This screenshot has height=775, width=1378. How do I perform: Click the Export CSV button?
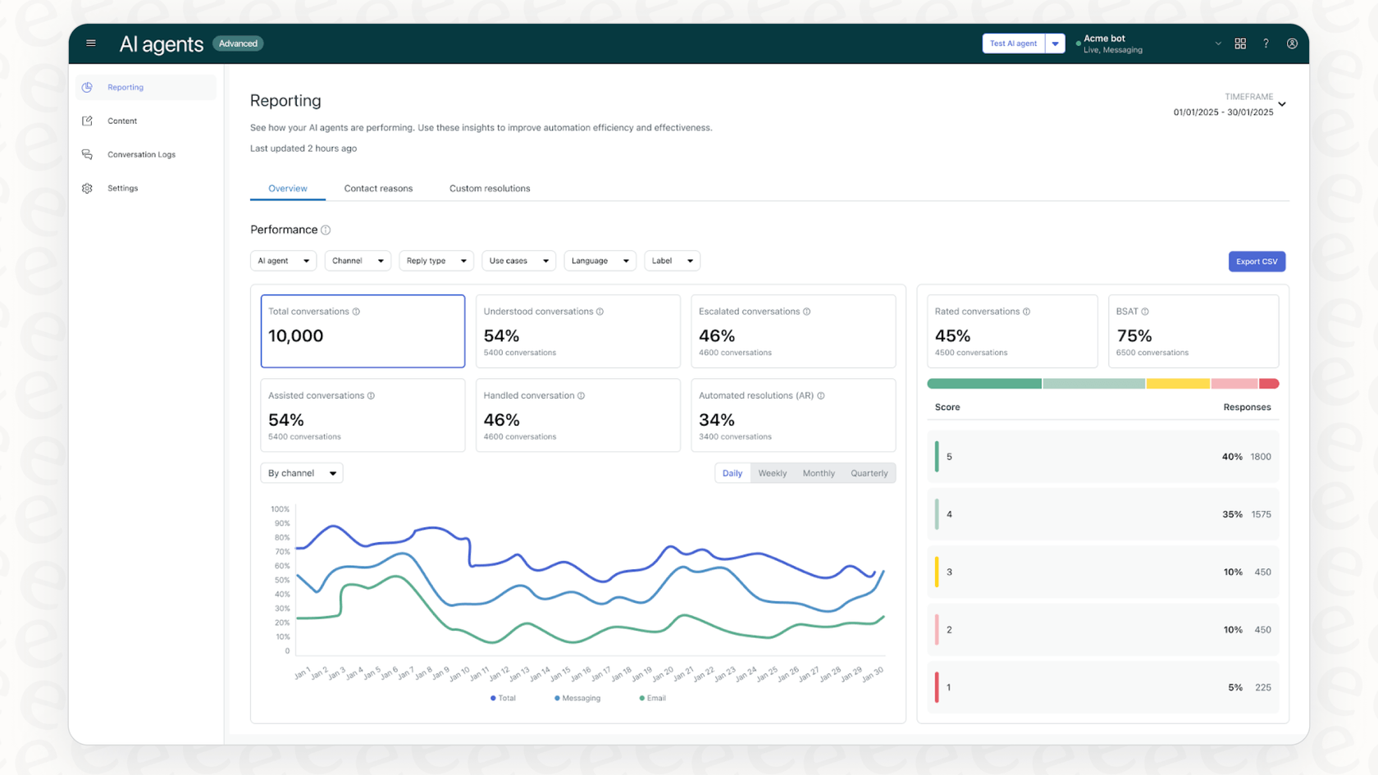[x=1256, y=262]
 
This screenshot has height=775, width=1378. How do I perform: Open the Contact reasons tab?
[x=378, y=189]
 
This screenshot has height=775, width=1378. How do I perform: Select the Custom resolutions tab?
[x=489, y=189]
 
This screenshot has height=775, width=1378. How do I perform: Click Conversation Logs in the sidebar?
[x=141, y=154]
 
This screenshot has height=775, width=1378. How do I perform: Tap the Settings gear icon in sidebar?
[x=88, y=189]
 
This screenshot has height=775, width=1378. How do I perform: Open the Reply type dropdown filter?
[x=436, y=261]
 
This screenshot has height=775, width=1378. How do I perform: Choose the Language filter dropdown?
[x=599, y=261]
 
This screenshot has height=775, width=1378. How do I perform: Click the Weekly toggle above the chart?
[x=772, y=473]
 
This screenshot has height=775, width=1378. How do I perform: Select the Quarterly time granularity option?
[x=869, y=473]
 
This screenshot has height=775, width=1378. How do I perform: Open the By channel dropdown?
[x=301, y=473]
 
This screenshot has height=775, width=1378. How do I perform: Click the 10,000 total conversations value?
[x=296, y=336]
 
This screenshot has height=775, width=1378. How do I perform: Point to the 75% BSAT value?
[x=1134, y=336]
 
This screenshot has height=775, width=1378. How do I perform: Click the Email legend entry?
[x=653, y=699]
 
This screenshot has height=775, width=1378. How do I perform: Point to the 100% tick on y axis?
[x=280, y=509]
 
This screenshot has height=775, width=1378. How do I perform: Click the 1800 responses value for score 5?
[x=1261, y=457]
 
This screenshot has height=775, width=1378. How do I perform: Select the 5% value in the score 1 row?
[x=1234, y=688]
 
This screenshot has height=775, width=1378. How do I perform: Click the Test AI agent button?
[x=1013, y=43]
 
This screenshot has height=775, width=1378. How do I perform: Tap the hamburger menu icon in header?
[x=91, y=43]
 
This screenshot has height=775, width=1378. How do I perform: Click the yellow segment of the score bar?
[x=1177, y=384]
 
